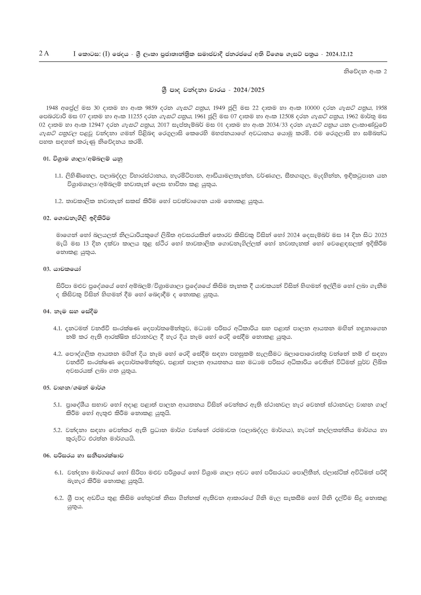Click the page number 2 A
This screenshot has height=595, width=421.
pos(44,54)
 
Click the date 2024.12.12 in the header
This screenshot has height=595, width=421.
pos(339,54)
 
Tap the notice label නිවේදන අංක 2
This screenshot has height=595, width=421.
pos(365,72)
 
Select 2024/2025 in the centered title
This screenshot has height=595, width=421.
pos(249,90)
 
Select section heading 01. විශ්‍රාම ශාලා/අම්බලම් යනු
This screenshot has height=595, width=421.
pos(83,159)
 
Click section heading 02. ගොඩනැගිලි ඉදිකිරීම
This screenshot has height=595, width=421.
pos(77,218)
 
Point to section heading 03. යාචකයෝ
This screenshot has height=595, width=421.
pos(62,269)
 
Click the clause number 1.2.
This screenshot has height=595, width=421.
pos(59,201)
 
